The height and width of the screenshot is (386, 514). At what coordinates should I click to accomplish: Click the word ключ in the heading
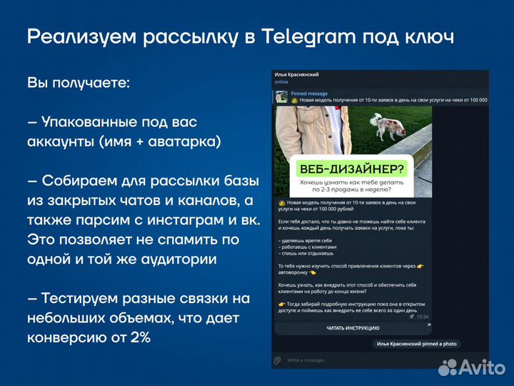click(x=425, y=36)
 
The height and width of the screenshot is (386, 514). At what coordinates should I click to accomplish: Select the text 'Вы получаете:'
click(x=79, y=83)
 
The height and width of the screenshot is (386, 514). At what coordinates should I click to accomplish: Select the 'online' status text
click(x=281, y=82)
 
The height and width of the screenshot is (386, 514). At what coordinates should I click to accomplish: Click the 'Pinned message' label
click(x=309, y=94)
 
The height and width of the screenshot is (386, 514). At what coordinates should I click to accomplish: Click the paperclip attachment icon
click(x=278, y=360)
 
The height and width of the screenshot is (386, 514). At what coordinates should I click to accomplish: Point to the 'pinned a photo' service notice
click(x=416, y=344)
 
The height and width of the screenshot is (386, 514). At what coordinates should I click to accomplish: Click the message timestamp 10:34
click(x=422, y=317)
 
